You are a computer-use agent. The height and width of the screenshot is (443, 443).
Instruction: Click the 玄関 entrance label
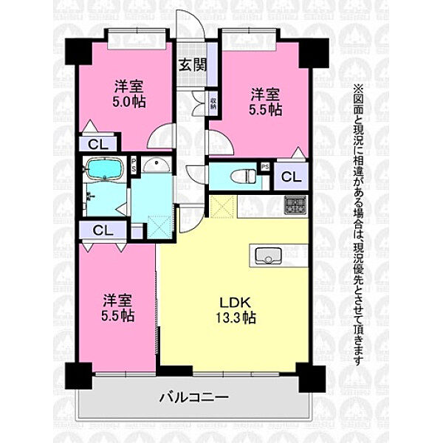192,64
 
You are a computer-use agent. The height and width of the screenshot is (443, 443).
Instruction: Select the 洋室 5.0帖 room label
128,93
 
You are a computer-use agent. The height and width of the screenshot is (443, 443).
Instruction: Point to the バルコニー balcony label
193,397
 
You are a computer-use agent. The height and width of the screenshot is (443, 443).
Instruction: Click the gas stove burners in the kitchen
295,206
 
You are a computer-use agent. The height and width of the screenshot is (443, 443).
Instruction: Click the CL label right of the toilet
290,177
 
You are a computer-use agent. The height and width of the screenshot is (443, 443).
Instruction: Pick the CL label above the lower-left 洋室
103,230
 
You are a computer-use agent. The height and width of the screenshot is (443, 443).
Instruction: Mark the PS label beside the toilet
264,169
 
